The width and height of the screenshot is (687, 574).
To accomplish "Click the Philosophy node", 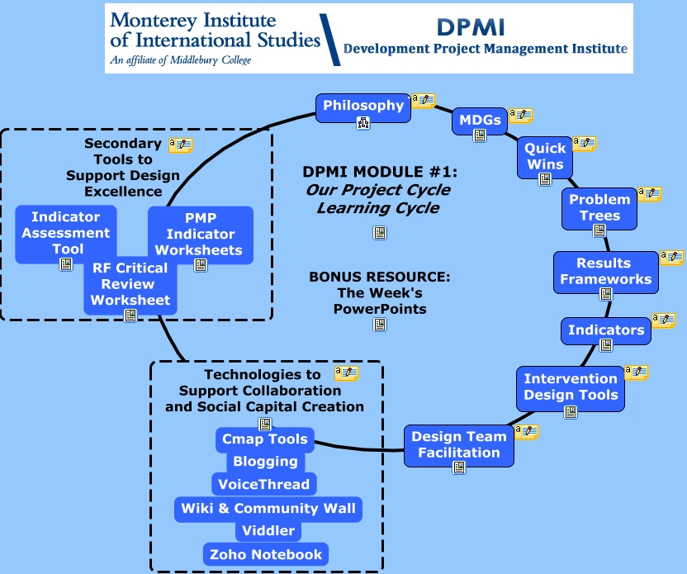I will click(x=363, y=106).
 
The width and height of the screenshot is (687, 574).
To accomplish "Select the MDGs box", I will click(x=480, y=121).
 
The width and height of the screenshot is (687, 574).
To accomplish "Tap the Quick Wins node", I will click(x=545, y=156).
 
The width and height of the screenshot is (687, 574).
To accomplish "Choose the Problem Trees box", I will click(x=599, y=207).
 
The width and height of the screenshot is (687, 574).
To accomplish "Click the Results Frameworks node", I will click(x=605, y=272).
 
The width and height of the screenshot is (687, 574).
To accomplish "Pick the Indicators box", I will click(x=605, y=330).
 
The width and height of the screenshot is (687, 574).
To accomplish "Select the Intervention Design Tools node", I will click(x=570, y=387).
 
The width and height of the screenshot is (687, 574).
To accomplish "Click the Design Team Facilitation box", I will click(x=458, y=444).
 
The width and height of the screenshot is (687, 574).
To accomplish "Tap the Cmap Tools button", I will click(x=264, y=439).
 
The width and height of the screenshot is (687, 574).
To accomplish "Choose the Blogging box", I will click(x=264, y=462).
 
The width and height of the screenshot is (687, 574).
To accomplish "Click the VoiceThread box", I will click(x=263, y=485).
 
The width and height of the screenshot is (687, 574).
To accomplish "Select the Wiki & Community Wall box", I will click(x=268, y=509).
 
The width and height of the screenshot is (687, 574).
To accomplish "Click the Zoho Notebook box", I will click(x=265, y=554).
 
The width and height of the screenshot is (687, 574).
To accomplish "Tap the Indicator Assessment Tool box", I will click(x=66, y=233).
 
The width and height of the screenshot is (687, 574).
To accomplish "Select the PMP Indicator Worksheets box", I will click(x=200, y=234).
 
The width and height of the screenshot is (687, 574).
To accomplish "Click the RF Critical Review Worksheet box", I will click(x=130, y=284).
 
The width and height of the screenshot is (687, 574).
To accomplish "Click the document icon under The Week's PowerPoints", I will click(x=380, y=325).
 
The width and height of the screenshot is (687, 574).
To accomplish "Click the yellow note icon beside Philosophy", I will click(x=423, y=101).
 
